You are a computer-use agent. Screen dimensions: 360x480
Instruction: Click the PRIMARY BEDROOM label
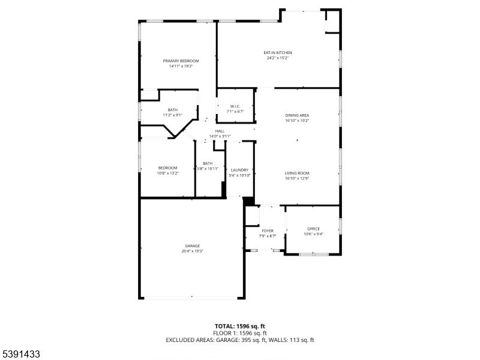pos(181,61)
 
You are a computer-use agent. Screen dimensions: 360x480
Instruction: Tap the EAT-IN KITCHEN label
pos(278,53)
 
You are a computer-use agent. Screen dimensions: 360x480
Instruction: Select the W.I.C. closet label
pos(235,106)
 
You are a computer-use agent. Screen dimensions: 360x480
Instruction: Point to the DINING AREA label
pos(297,115)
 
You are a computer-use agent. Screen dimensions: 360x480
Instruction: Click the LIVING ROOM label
pos(297,173)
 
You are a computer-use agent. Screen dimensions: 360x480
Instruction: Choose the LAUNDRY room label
pos(239,170)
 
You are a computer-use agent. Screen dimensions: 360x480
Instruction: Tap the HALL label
pos(220,131)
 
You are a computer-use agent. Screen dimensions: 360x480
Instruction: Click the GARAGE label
pos(192,246)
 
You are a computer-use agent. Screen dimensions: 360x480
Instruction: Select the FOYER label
pos(268,231)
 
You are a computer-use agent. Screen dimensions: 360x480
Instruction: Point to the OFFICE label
pos(313,229)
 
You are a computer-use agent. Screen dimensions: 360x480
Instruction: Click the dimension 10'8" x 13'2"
pos(167,173)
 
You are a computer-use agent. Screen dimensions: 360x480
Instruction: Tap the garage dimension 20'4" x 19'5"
pos(192,251)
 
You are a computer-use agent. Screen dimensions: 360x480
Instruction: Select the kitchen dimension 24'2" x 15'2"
pos(278,58)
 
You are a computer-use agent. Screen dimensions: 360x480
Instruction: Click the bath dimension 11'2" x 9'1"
pos(173,115)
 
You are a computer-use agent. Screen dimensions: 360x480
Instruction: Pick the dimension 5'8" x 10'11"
pos(208,169)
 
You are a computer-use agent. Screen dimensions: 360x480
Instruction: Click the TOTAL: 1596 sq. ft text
pos(239,325)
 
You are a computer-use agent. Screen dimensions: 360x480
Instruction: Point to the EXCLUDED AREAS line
pos(239,340)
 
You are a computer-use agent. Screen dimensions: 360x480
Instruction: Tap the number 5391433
pos(20,354)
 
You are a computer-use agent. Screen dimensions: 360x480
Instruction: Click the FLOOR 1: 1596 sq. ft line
pos(239,332)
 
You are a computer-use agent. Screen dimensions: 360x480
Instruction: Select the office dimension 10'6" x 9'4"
pos(313,234)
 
